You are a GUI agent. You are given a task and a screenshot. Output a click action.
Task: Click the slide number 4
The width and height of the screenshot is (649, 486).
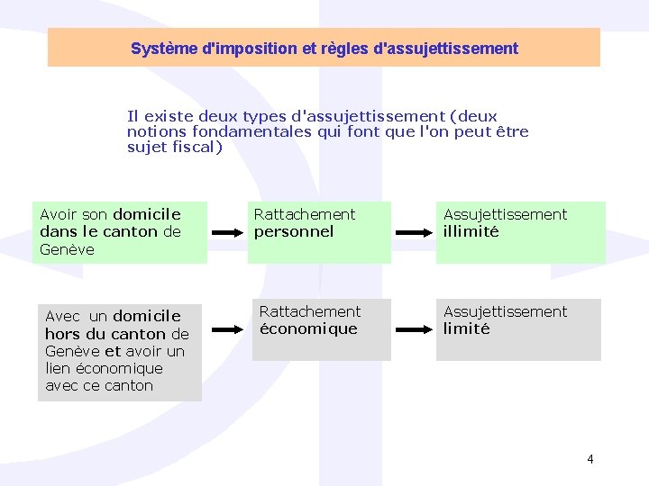pos(590,459)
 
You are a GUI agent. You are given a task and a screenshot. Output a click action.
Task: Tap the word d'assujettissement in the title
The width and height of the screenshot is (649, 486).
pos(451,49)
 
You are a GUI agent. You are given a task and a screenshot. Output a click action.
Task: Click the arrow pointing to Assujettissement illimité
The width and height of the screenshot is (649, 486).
pos(413,231)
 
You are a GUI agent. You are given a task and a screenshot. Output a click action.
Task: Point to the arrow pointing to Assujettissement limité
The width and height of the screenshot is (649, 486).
pos(413,329)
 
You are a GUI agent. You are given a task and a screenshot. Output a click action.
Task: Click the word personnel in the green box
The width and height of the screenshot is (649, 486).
pos(294,231)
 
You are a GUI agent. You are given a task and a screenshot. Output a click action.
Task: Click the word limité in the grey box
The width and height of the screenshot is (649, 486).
pos(466,328)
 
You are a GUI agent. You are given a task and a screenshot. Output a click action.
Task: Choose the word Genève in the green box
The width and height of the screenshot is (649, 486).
pos(67,249)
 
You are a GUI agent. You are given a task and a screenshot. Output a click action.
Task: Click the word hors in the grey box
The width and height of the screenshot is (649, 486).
pos(62,334)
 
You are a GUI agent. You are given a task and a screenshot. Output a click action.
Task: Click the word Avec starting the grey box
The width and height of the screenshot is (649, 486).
pos(62,316)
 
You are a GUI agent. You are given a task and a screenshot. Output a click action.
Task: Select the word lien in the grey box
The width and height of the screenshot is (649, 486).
pos(59,368)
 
